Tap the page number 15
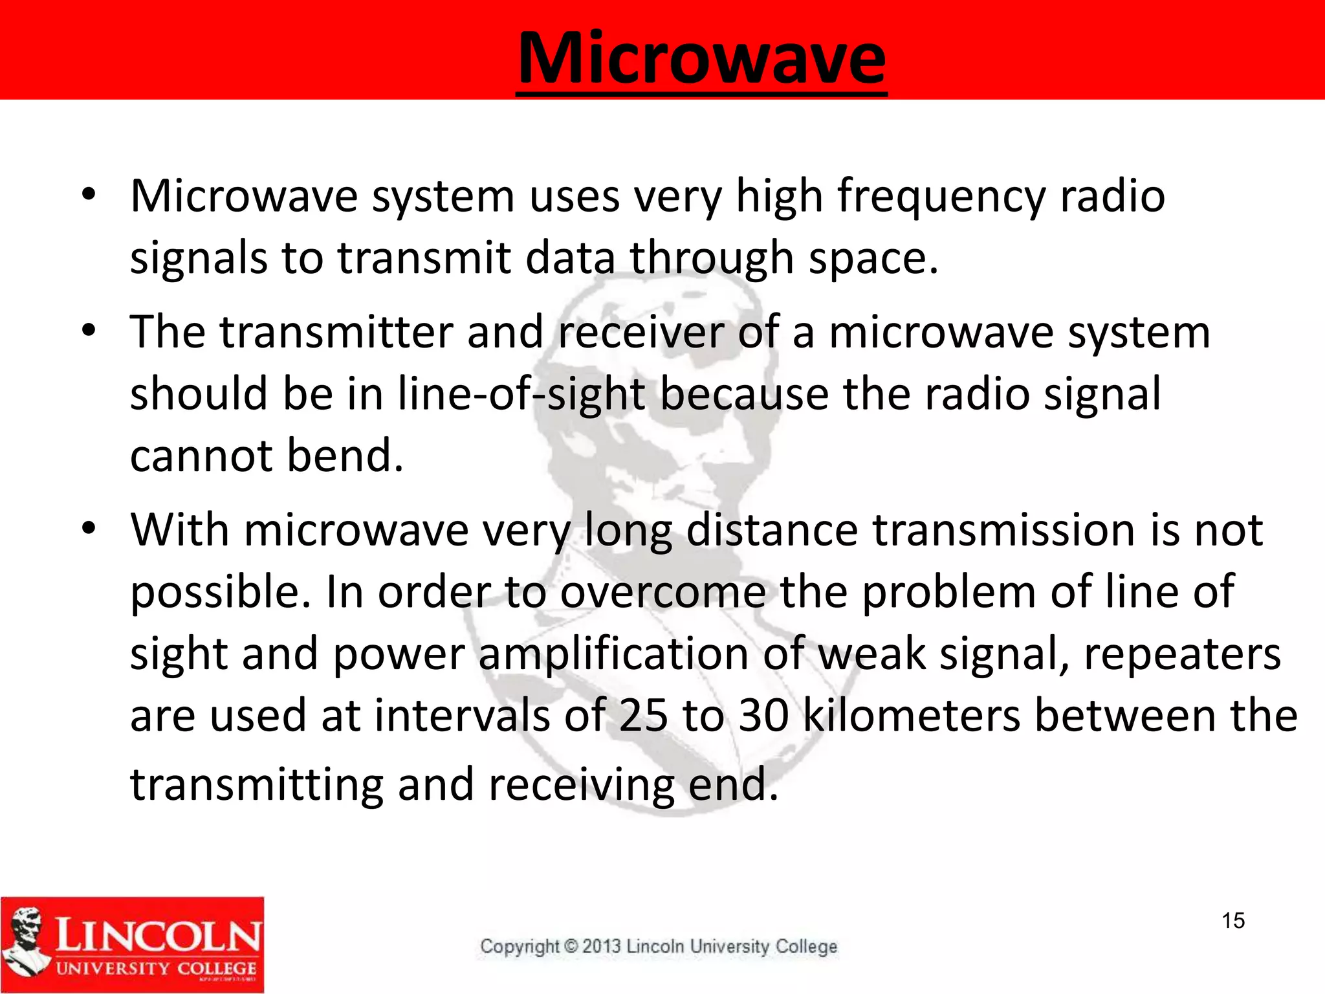click(x=1233, y=920)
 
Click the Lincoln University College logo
click(x=132, y=944)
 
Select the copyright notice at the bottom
click(x=658, y=946)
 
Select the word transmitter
click(x=336, y=332)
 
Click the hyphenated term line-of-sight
click(x=521, y=394)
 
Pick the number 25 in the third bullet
click(x=642, y=716)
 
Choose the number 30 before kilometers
click(x=763, y=716)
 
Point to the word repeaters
click(x=1182, y=654)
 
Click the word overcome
click(x=662, y=592)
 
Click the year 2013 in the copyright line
click(x=602, y=946)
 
